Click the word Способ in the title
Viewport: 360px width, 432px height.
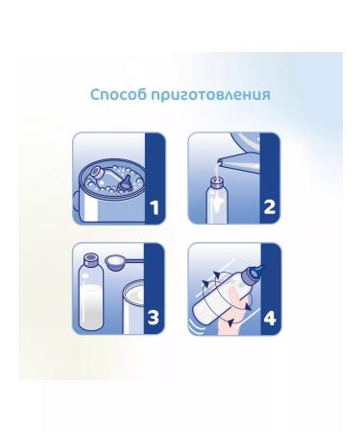pos(118,95)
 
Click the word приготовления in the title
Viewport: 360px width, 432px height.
pos(211,95)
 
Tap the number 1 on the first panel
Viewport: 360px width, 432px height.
pos(155,207)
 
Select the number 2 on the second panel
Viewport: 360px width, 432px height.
pos(270,206)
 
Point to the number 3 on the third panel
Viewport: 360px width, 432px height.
pos(154,318)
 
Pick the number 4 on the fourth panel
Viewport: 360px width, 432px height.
pos(270,318)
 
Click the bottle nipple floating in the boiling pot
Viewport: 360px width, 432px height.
pos(125,183)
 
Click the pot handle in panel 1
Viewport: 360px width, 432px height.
pos(76,202)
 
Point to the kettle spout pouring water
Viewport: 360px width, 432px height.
pos(230,159)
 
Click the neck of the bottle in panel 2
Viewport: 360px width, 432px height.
pos(216,184)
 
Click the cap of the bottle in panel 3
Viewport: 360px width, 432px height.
pos(90,259)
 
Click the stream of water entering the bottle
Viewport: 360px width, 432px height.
pos(218,171)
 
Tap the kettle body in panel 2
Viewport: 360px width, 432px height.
pos(245,141)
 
